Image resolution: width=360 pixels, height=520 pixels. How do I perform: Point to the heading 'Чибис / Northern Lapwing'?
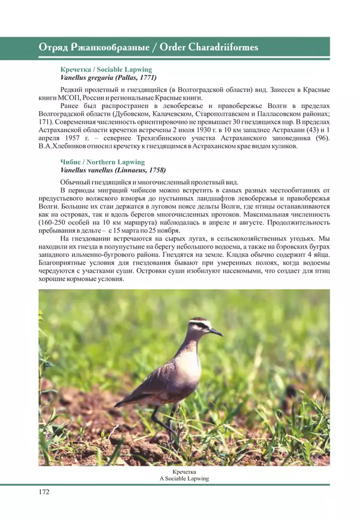[102, 162]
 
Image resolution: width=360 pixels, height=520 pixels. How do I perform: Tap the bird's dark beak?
[215, 331]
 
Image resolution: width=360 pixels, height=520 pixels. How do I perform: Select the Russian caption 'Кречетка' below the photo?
[184, 472]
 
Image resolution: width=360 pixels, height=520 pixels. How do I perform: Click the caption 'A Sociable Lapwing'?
[184, 479]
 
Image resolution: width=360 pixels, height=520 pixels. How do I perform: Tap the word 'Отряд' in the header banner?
[52, 47]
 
